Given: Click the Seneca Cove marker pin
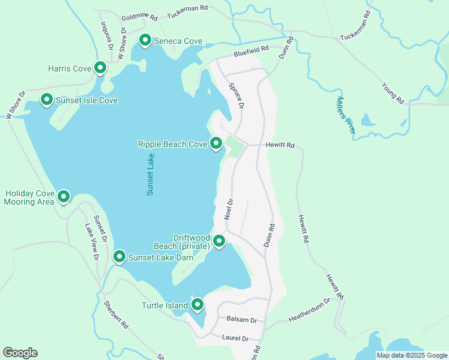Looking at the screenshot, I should (145, 40).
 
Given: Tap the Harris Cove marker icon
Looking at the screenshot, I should (100, 68).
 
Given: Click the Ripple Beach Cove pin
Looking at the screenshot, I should (216, 143).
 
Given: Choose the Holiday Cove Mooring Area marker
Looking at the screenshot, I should (62, 196).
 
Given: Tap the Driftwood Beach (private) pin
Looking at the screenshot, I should (219, 241).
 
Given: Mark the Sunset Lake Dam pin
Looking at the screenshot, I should (119, 257).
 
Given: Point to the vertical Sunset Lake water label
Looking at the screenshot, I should (151, 174).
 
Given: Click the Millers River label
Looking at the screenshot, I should (345, 115).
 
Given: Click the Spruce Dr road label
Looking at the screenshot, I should (236, 95).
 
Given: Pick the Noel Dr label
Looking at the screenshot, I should (229, 209).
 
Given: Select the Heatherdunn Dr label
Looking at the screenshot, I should (310, 307).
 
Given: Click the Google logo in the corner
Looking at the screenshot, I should (20, 353).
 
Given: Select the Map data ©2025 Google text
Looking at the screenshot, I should (411, 355).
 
